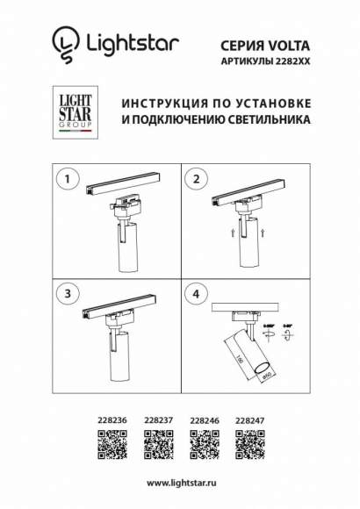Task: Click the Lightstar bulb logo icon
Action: click(x=64, y=42)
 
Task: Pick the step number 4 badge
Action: click(x=196, y=291)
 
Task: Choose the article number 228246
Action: click(x=204, y=420)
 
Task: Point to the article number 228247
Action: click(x=250, y=420)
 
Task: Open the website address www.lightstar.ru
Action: click(x=180, y=483)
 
